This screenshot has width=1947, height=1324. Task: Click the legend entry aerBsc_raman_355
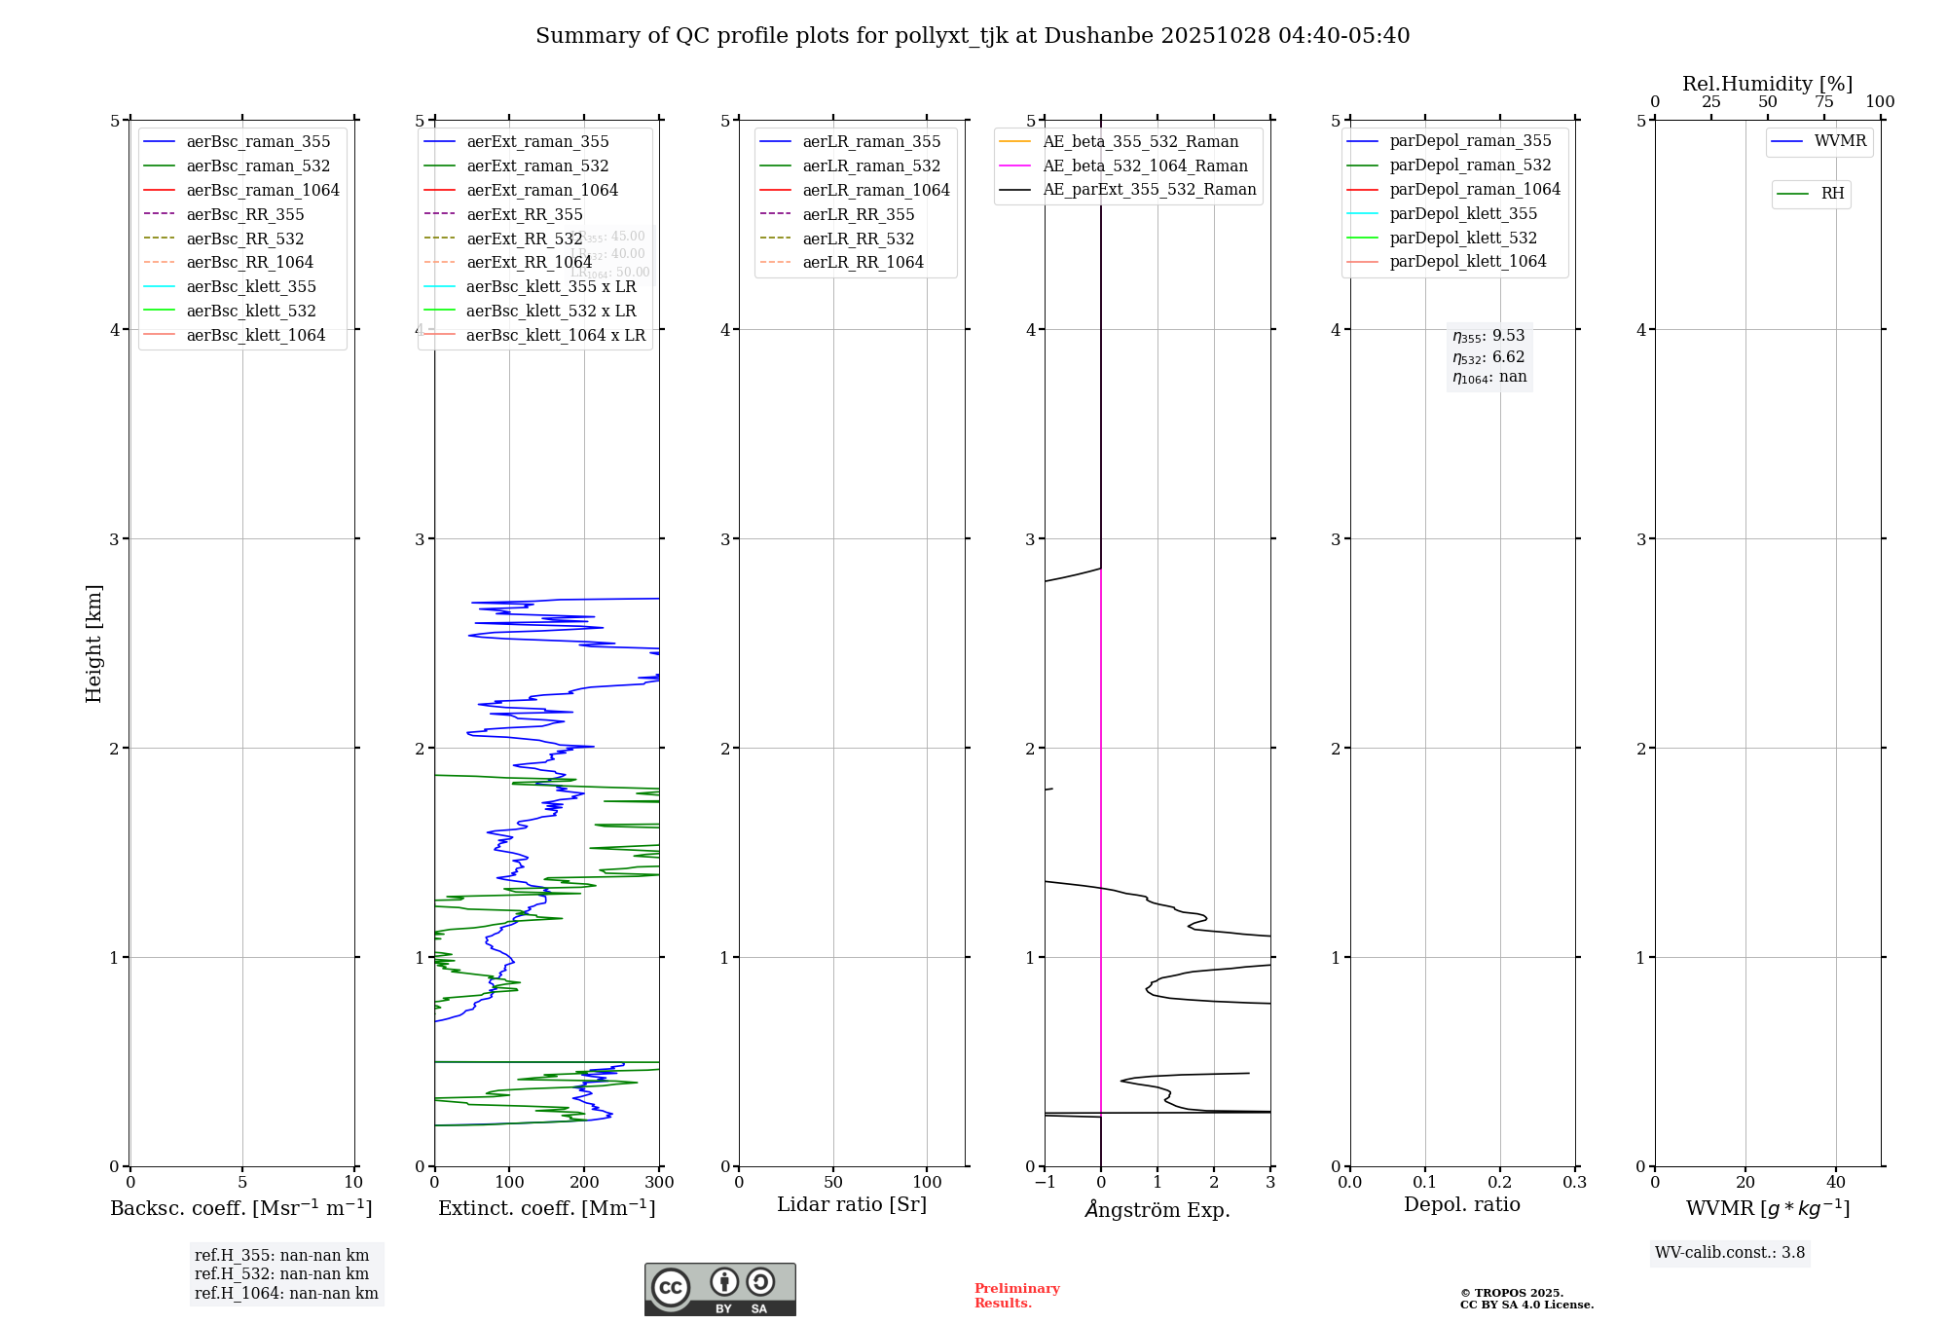[258, 142]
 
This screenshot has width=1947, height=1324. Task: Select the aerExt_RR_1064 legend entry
[529, 263]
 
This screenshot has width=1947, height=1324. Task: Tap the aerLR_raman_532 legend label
[871, 166]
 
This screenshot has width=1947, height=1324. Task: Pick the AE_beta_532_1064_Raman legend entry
[1145, 166]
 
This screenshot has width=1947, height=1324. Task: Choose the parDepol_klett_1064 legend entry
[1467, 262]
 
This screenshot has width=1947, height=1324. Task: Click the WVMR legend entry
[1840, 141]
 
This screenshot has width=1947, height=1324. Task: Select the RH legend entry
[1832, 194]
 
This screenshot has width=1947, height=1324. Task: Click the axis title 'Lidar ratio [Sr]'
[852, 1204]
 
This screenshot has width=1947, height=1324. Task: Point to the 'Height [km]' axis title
[93, 644]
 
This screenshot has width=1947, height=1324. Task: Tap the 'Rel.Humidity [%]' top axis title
[1767, 84]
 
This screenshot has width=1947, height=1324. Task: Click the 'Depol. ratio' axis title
[1461, 1204]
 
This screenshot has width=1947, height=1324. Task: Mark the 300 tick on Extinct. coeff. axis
[659, 1183]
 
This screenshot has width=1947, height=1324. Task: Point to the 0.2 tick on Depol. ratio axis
[1500, 1183]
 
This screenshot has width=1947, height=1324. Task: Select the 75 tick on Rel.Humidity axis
[1823, 102]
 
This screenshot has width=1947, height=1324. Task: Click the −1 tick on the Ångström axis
[1045, 1183]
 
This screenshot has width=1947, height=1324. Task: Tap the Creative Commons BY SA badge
[719, 1289]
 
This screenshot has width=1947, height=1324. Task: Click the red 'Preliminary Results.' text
[1016, 1296]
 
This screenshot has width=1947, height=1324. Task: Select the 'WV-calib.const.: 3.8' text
[1729, 1253]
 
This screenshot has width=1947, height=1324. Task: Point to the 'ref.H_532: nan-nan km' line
[281, 1274]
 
